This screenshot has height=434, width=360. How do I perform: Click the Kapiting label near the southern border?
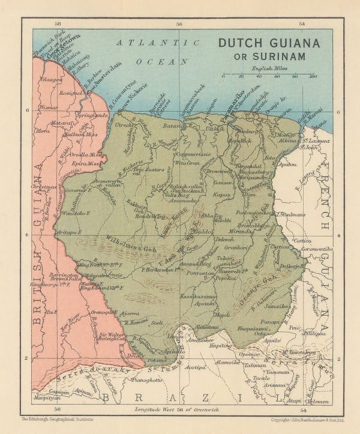(x=221, y=346)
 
